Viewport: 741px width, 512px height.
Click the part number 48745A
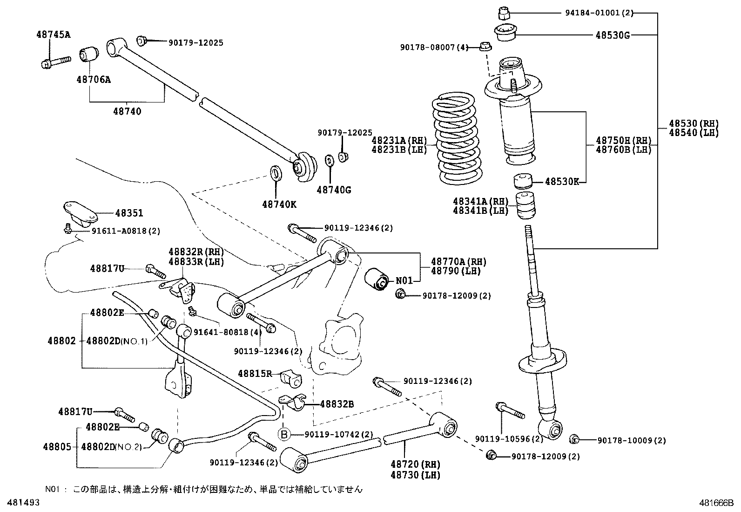[x=54, y=34]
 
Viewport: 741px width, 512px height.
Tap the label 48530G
[x=613, y=35]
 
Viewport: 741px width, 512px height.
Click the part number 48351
[x=129, y=213]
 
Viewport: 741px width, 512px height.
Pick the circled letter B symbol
[x=284, y=434]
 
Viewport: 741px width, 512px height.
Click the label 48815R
[x=254, y=373]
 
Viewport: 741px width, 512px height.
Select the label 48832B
[x=337, y=404]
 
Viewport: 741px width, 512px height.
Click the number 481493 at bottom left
[x=20, y=503]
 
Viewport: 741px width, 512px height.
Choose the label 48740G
[x=334, y=190]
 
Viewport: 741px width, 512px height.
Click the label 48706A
[x=94, y=79]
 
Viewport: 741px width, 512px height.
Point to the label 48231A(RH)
[x=399, y=140]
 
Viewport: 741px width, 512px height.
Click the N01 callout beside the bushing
[x=404, y=281]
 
